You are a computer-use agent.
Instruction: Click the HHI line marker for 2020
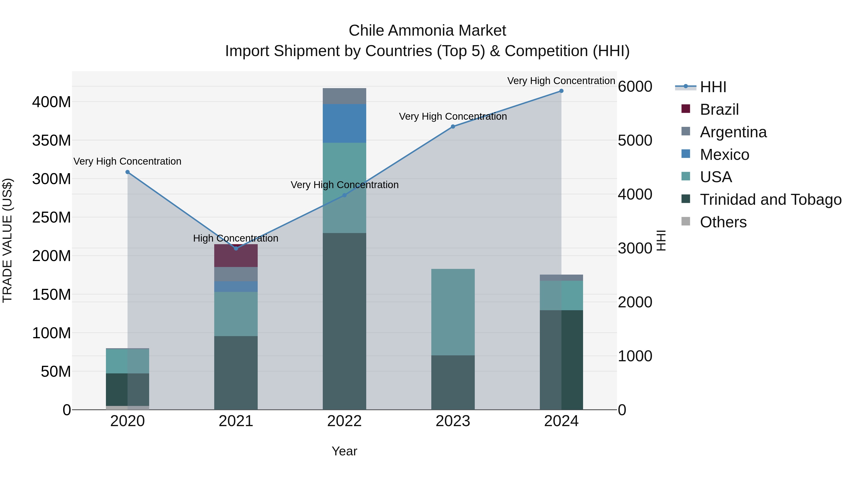point(128,172)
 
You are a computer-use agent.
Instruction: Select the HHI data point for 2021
point(236,248)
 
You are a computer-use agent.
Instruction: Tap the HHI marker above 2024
point(561,91)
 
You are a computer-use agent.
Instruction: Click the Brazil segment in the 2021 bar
point(236,256)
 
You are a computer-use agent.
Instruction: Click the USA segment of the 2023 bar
point(453,312)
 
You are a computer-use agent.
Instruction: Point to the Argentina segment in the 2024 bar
point(561,277)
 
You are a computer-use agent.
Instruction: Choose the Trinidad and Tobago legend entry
point(770,200)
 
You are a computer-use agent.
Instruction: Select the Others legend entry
point(723,222)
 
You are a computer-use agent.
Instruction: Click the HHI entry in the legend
point(713,87)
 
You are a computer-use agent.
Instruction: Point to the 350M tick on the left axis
point(52,140)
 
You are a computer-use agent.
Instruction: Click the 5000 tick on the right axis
point(635,140)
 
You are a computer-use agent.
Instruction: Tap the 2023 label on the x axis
point(453,421)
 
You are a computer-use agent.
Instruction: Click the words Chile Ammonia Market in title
point(427,31)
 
